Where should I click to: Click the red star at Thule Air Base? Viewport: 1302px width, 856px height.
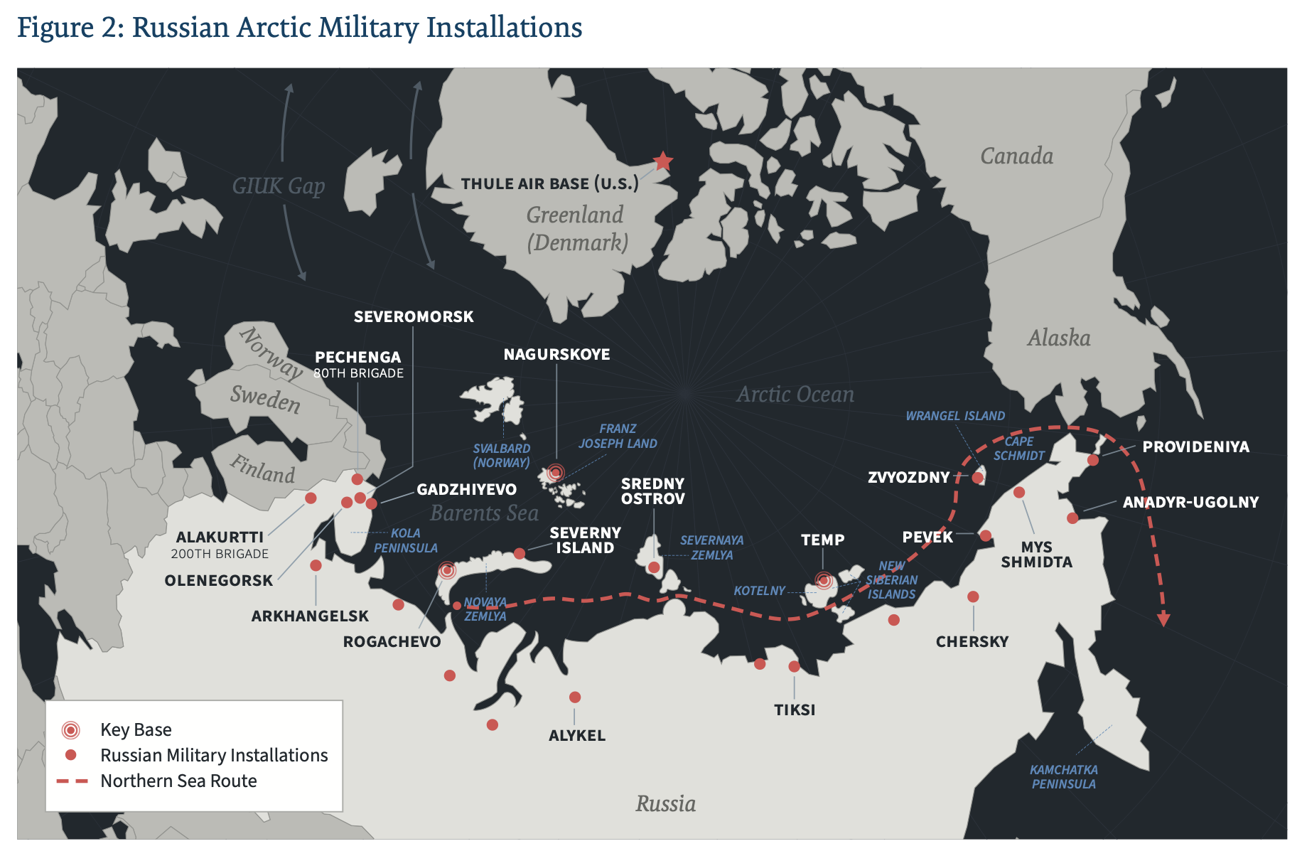click(x=662, y=161)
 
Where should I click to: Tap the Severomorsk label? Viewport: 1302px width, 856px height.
click(x=414, y=317)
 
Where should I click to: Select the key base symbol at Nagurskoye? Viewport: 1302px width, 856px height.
click(x=556, y=471)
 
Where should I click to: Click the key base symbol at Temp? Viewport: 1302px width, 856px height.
click(x=824, y=580)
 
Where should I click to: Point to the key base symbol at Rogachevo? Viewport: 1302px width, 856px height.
click(x=447, y=570)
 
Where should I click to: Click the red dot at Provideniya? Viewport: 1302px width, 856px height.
click(x=1093, y=461)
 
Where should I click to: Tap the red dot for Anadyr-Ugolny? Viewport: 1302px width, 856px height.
click(x=1072, y=518)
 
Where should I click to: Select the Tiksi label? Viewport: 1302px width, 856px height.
click(x=795, y=710)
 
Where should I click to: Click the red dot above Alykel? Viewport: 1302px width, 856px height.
click(x=575, y=697)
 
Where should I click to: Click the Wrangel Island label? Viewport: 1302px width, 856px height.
click(x=955, y=416)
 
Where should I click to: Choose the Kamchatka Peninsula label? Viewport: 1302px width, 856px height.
click(x=1063, y=777)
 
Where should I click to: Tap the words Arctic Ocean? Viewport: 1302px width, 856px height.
click(x=795, y=395)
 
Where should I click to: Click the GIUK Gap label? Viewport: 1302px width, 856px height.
click(x=279, y=186)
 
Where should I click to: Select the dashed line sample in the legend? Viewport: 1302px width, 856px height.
click(x=72, y=781)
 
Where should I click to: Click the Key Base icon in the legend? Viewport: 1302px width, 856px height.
click(x=70, y=729)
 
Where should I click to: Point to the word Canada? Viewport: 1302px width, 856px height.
click(x=1016, y=156)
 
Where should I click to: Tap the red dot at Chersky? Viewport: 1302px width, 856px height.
click(x=973, y=597)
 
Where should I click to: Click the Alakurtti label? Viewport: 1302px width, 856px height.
click(x=220, y=537)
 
